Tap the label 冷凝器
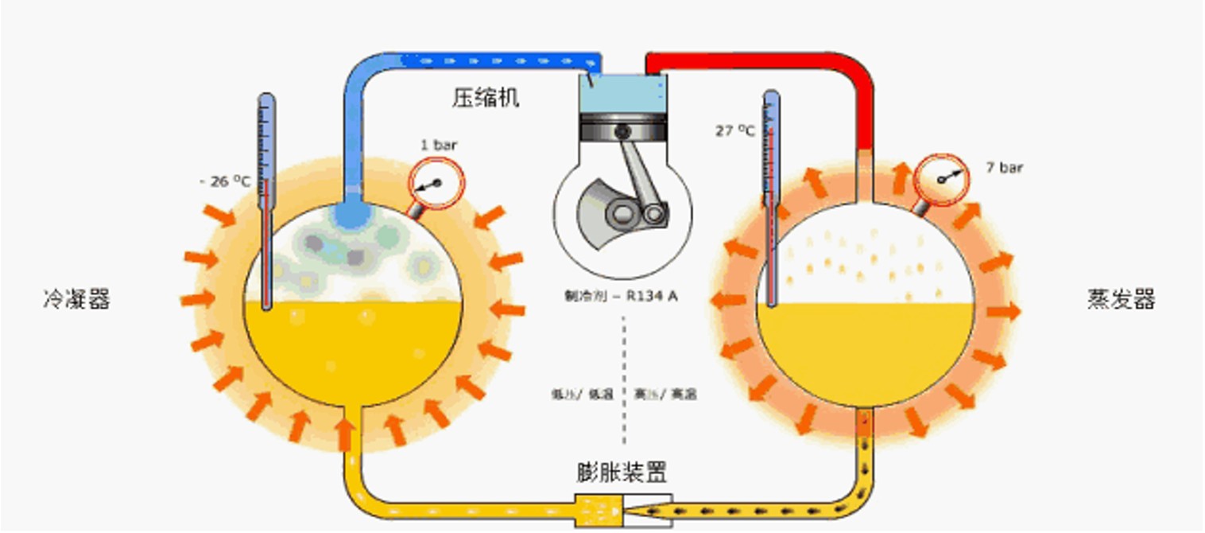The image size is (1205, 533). click(76, 300)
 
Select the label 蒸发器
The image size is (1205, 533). click(1121, 300)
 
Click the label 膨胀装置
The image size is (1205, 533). click(622, 472)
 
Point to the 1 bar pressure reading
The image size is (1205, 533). click(439, 146)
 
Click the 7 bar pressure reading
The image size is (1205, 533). click(1005, 168)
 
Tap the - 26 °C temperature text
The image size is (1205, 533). click(225, 182)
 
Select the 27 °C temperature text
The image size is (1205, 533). click(734, 131)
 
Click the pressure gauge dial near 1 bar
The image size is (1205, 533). click(434, 185)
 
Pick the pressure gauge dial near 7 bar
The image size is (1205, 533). click(940, 179)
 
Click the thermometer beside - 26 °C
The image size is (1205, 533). click(266, 199)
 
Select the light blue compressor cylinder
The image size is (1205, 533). click(622, 94)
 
